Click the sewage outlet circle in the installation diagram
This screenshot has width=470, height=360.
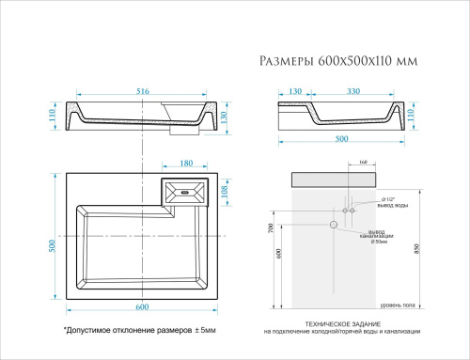(333, 226)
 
